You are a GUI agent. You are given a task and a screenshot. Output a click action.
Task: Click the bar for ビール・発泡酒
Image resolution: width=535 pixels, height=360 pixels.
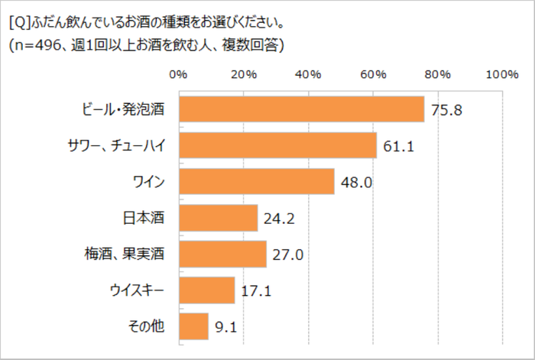(x=301, y=109)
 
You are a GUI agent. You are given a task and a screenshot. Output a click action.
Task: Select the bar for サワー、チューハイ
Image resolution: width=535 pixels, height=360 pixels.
(x=277, y=145)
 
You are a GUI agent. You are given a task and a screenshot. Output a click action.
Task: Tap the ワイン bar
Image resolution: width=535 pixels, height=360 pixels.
(x=256, y=181)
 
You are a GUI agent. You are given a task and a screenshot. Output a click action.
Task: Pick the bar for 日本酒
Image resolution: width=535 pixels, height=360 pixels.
(x=218, y=218)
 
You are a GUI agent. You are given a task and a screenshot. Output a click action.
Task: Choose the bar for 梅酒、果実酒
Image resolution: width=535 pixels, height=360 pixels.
(x=222, y=254)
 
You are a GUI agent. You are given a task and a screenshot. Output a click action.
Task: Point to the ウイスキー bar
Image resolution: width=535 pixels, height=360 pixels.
(x=206, y=290)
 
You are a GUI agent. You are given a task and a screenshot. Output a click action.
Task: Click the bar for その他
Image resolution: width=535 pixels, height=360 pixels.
(x=193, y=326)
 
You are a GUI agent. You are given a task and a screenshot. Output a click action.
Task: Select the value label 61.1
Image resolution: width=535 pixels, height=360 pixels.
(x=398, y=145)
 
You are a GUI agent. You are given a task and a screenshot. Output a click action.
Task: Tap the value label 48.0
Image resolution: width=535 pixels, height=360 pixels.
(x=356, y=182)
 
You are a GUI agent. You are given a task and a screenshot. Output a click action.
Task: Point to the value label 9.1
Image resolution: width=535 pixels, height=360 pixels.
(x=226, y=327)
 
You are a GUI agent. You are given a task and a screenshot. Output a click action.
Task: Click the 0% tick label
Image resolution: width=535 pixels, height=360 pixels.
(x=178, y=74)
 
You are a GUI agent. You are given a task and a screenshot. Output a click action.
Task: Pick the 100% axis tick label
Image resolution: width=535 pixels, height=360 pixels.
(x=501, y=74)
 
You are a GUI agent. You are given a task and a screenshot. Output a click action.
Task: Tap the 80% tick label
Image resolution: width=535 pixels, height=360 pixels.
(x=438, y=74)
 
